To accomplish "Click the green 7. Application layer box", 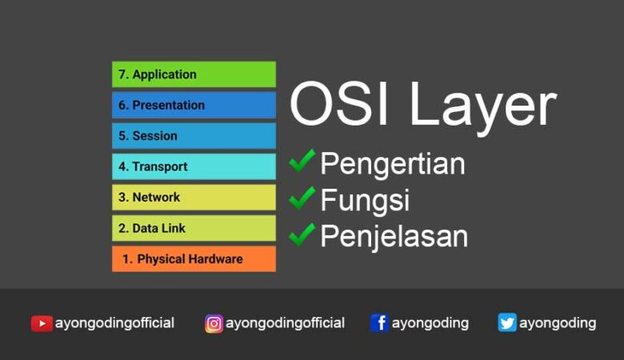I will click(194, 74).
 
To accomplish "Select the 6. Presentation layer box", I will click(194, 105).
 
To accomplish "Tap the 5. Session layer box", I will click(194, 136).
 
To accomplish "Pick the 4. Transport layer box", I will click(194, 166).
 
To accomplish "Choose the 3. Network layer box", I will click(194, 197).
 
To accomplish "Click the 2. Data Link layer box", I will click(194, 228).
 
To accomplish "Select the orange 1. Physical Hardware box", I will click(194, 259).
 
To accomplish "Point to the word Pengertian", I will click(393, 165).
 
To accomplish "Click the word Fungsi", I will click(365, 200).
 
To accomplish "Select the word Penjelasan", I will click(394, 237).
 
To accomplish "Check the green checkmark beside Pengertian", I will click(302, 161).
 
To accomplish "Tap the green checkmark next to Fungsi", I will click(302, 197).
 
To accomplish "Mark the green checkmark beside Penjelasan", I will click(302, 233).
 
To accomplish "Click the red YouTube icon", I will click(42, 323).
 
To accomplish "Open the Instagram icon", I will click(214, 323).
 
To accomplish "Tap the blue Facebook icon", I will click(380, 323).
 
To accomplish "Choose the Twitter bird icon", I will click(507, 323).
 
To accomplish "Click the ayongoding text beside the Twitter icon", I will click(558, 323).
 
